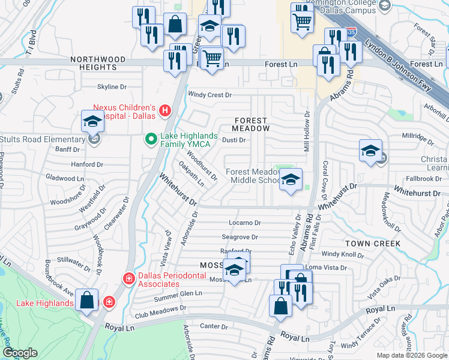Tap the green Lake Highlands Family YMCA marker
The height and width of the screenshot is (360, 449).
pos(152,140)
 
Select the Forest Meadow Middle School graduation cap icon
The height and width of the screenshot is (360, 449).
pos(291,179)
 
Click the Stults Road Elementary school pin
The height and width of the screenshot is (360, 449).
pos(93,122)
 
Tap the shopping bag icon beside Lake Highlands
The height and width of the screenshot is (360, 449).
pos(87,300)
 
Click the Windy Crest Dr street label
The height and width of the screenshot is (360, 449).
pos(209,95)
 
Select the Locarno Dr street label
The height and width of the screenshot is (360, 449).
pos(246,223)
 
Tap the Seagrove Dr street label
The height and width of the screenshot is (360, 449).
pos(240,238)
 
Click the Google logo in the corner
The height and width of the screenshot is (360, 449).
pos(20,353)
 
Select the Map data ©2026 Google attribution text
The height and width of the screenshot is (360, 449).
pos(411,355)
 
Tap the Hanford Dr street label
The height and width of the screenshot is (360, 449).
pos(87,164)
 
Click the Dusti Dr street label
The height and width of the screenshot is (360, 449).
pos(234,140)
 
